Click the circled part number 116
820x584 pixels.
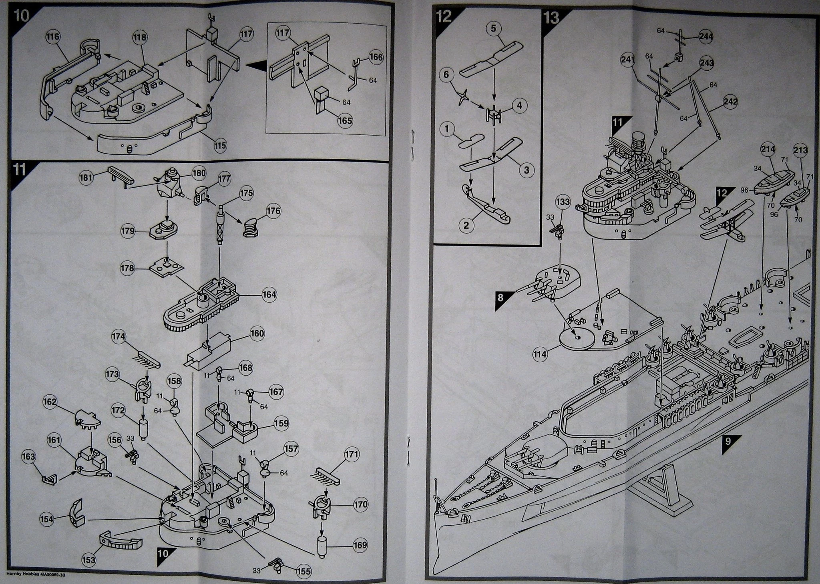53,37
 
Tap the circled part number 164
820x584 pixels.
269,295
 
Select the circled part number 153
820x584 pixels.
89,560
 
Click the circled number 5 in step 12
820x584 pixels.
493,28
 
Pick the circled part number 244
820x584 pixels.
706,36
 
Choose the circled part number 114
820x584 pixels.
540,354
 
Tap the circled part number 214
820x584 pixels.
768,150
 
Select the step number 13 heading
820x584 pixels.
552,18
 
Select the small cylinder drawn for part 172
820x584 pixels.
143,429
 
